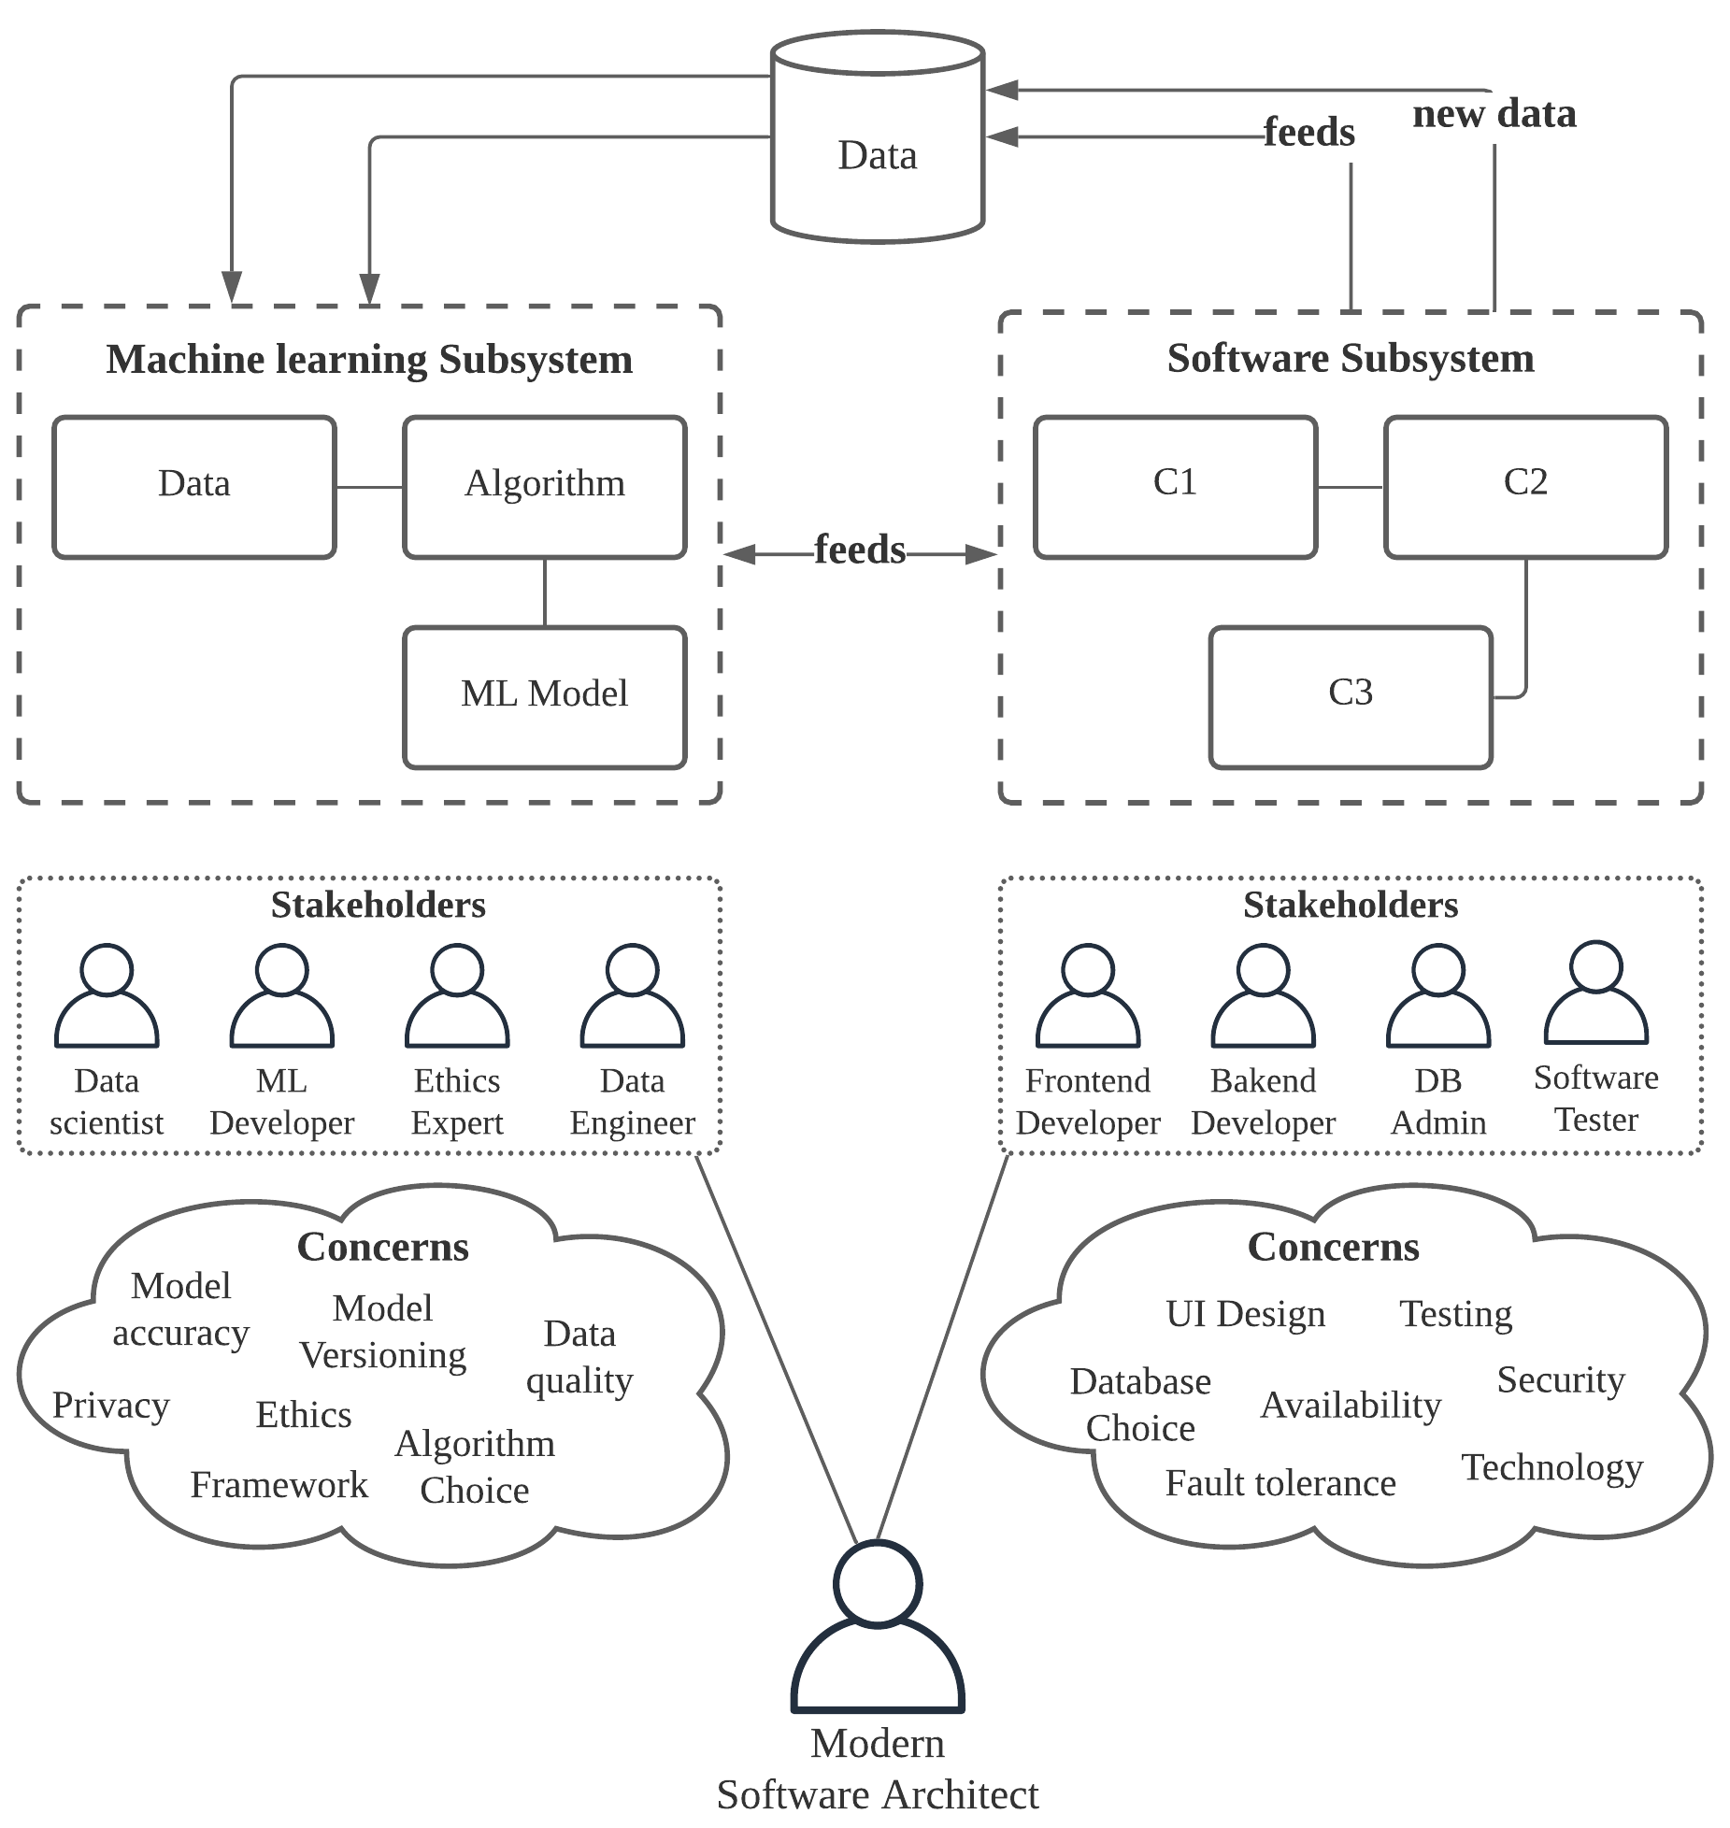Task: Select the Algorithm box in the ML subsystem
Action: tap(544, 486)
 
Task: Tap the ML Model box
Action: tap(544, 696)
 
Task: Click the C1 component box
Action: tap(1175, 486)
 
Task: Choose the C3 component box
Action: tap(1350, 696)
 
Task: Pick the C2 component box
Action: tap(1525, 486)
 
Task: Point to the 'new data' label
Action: tap(1494, 114)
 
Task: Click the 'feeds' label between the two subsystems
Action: tap(859, 550)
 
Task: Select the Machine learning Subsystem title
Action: tap(369, 360)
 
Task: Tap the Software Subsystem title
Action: tap(1350, 359)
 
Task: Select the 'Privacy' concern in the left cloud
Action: tap(110, 1406)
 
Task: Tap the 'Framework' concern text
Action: tap(279, 1485)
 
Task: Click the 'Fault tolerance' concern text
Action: tap(1280, 1483)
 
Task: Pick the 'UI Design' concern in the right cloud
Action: tap(1245, 1314)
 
